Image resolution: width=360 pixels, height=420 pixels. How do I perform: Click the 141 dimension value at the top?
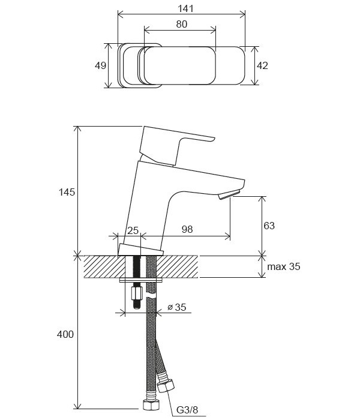point(185,8)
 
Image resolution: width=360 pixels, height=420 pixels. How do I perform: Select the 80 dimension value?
point(182,24)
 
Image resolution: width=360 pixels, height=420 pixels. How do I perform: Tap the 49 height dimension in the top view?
point(100,65)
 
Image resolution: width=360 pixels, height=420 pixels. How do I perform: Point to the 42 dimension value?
point(262,65)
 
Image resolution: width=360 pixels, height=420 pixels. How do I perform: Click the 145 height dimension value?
point(67,192)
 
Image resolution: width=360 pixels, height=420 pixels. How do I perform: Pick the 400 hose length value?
point(65,334)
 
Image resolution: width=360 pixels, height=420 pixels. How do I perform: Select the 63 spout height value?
point(269,226)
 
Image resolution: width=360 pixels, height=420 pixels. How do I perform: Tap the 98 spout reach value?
point(187,229)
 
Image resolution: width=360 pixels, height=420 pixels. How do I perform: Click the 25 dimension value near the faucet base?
point(133,230)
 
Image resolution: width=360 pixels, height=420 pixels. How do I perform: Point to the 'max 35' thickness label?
point(284,266)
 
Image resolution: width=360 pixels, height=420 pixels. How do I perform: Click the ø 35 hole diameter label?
point(177,307)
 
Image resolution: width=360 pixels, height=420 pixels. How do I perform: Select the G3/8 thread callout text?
point(187,410)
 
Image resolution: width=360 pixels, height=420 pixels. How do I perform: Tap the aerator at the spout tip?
point(229,195)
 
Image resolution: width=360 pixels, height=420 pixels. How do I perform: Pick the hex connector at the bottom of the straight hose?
point(151,405)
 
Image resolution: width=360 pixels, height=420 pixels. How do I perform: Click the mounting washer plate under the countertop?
point(141,280)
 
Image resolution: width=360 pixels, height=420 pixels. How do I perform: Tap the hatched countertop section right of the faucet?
point(178,266)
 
